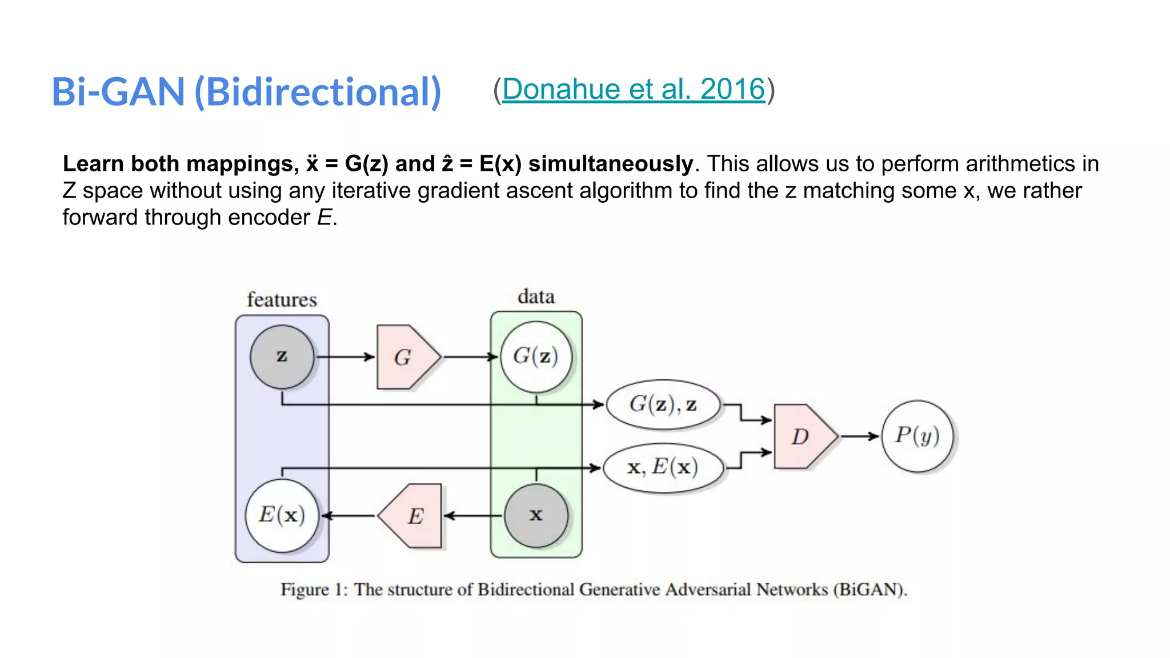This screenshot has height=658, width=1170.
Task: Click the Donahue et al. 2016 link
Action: click(633, 90)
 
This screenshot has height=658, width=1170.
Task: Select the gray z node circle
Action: click(282, 357)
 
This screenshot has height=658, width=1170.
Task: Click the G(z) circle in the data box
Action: click(535, 357)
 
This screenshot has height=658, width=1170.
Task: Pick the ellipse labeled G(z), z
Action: click(663, 405)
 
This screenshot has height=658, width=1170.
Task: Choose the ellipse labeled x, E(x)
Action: click(663, 468)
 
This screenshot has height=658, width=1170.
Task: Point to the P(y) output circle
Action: click(917, 436)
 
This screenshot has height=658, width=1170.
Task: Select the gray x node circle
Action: click(535, 516)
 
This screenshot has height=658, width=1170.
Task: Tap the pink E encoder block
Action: click(412, 516)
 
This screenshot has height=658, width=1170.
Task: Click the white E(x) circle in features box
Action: click(282, 515)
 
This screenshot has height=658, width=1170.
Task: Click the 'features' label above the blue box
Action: click(282, 300)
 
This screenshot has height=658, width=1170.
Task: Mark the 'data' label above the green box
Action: click(536, 297)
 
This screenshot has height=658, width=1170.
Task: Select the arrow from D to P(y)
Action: click(859, 436)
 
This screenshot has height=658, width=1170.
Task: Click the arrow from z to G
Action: click(345, 357)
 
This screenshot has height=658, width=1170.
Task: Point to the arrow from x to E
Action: click(473, 516)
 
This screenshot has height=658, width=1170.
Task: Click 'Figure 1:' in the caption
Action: click(314, 589)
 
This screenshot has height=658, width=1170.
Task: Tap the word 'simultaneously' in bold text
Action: click(610, 164)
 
